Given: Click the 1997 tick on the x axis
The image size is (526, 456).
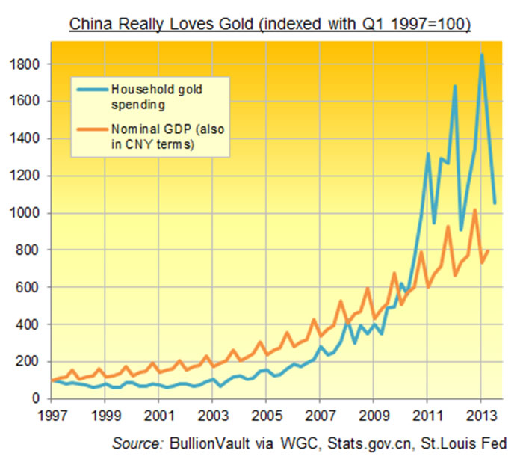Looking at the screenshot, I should pos(53,413).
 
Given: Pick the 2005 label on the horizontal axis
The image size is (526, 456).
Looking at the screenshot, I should pos(265,413).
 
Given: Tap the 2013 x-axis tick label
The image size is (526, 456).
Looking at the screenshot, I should pos(478,413).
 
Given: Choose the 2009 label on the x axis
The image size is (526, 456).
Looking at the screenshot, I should pos(372,413).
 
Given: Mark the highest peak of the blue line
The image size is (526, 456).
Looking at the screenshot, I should pos(482,55).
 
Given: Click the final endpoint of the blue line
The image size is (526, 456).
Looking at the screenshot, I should pos(495,203).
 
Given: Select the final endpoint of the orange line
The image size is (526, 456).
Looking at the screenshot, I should pos(489,250).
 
